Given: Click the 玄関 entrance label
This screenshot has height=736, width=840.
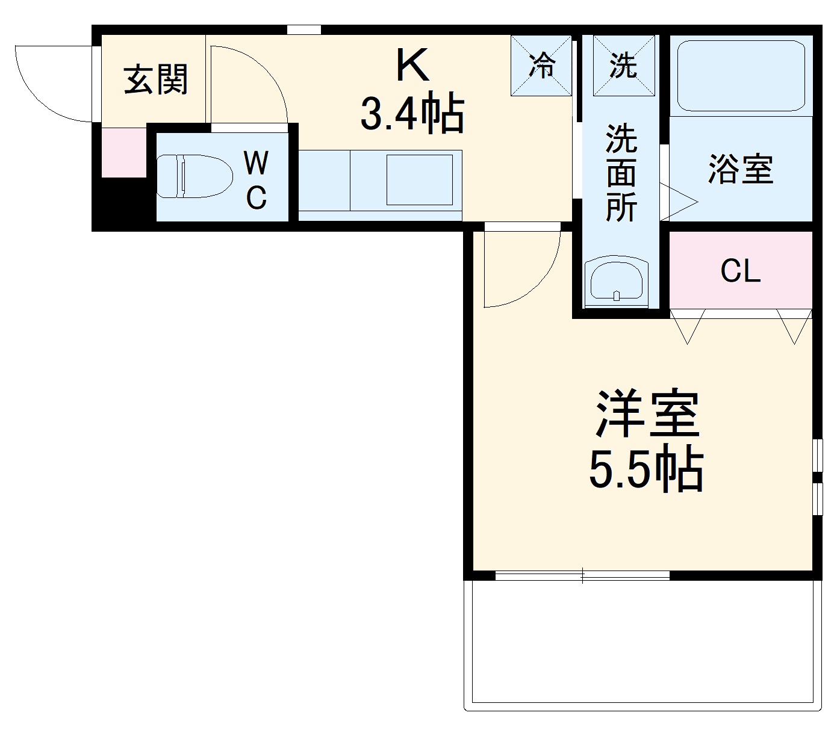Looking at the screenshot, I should pyautogui.click(x=156, y=79).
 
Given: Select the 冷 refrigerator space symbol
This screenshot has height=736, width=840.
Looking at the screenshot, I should pyautogui.click(x=541, y=65).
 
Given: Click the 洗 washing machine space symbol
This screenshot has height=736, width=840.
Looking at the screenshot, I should pyautogui.click(x=623, y=65).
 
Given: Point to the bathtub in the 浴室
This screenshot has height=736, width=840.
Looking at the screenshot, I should pyautogui.click(x=741, y=76).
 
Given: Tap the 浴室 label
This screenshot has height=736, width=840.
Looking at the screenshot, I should pyautogui.click(x=740, y=169).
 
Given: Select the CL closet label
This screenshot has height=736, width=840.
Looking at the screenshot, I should pyautogui.click(x=741, y=271).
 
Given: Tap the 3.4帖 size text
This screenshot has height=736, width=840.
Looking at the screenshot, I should pyautogui.click(x=412, y=113).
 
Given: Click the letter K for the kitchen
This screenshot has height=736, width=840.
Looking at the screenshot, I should pyautogui.click(x=412, y=65).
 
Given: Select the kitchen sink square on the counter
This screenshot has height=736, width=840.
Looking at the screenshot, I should pyautogui.click(x=419, y=179).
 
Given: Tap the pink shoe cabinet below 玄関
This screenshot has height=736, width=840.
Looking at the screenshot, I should pyautogui.click(x=123, y=153).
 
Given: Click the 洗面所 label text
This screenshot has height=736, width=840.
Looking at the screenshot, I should pyautogui.click(x=621, y=173).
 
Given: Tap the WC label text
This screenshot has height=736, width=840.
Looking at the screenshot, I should pyautogui.click(x=257, y=180).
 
